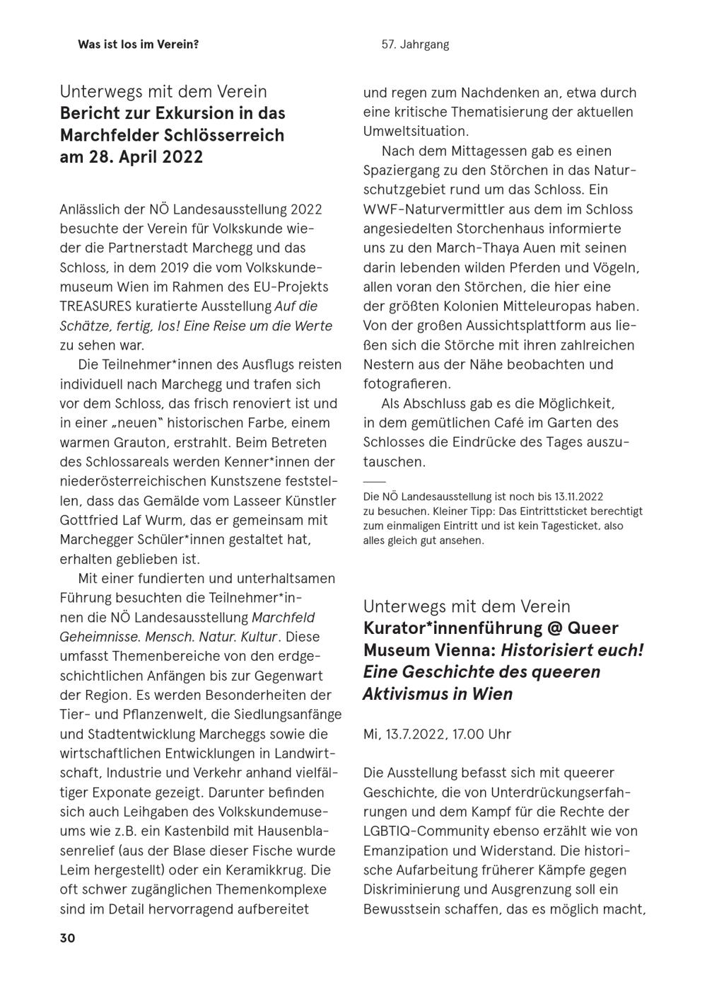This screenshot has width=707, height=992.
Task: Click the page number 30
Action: click(67, 938)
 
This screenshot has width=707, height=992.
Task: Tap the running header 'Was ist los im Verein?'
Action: click(138, 45)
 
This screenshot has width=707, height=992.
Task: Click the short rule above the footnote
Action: click(374, 482)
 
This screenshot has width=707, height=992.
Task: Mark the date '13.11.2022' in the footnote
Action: click(578, 497)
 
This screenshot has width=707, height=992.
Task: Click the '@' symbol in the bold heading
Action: click(551, 628)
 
